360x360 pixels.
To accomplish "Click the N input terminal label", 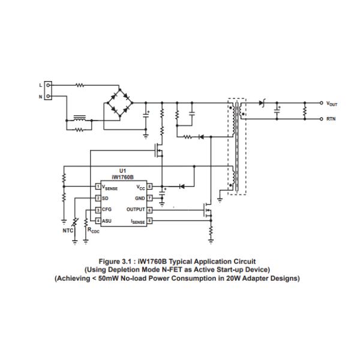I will (41, 96).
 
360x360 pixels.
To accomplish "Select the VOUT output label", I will (332, 104).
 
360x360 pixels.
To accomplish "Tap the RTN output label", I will (331, 119).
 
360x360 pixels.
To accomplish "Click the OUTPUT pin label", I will (136, 209).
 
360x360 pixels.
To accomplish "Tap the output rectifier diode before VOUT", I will (262, 103).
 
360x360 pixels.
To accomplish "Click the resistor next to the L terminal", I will (80, 85).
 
